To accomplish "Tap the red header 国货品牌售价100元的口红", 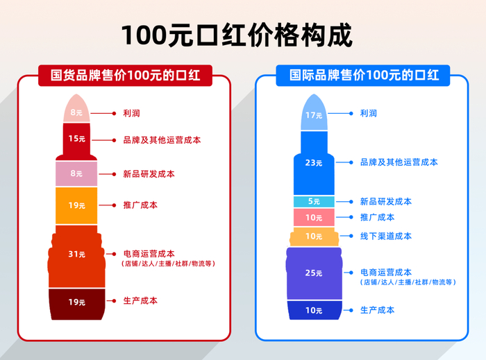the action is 126,75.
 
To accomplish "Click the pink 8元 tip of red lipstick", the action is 76,112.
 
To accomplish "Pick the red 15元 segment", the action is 76,139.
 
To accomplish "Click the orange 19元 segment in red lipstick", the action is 76,205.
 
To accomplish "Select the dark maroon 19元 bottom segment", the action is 76,302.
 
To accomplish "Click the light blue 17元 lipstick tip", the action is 314,114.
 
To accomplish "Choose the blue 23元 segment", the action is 314,162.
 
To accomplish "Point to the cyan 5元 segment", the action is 314,202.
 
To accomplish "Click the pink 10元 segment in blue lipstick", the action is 314,218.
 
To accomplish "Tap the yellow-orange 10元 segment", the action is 314,237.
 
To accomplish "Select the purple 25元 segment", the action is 314,273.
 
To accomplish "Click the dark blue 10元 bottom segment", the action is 314,310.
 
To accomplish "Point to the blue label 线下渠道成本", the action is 385,236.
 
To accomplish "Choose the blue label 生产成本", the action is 377,310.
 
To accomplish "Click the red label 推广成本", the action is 140,205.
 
